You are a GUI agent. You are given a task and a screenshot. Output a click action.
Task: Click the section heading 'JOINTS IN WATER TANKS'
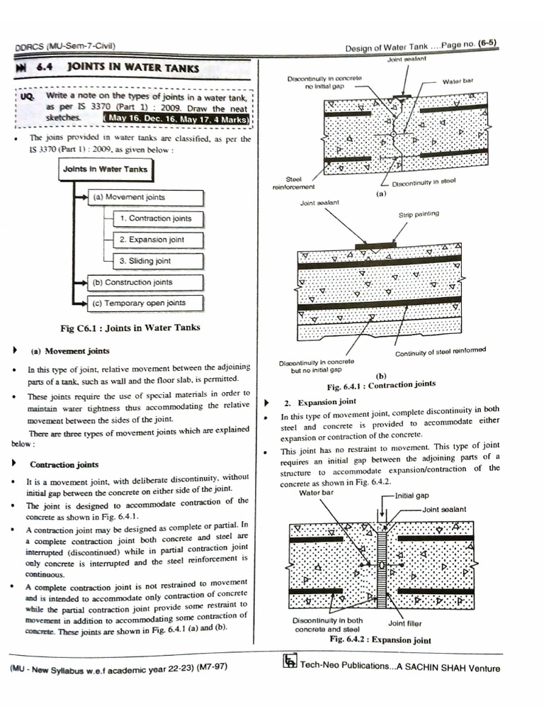tap(133, 69)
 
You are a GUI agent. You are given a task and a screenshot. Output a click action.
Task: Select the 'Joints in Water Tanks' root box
tap(106, 169)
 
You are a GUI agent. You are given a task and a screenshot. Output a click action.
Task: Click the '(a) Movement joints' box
tap(145, 197)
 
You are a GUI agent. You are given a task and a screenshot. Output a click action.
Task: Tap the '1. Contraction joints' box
tap(155, 218)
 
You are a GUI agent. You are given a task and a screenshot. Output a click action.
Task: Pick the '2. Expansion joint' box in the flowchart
tap(152, 240)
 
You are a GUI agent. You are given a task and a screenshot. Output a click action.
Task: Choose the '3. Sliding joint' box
tap(145, 261)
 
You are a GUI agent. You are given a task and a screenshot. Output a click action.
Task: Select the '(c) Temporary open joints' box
tap(145, 303)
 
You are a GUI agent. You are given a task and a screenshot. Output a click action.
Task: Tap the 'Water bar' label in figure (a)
tap(458, 82)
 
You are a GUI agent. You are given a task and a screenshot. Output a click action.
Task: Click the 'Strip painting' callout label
tap(418, 213)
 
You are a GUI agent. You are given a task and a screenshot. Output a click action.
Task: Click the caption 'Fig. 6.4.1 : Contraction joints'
tap(381, 385)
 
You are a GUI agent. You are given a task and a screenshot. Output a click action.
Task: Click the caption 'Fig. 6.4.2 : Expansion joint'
tap(380, 640)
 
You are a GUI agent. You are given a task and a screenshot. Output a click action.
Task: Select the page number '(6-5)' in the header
tap(487, 43)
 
